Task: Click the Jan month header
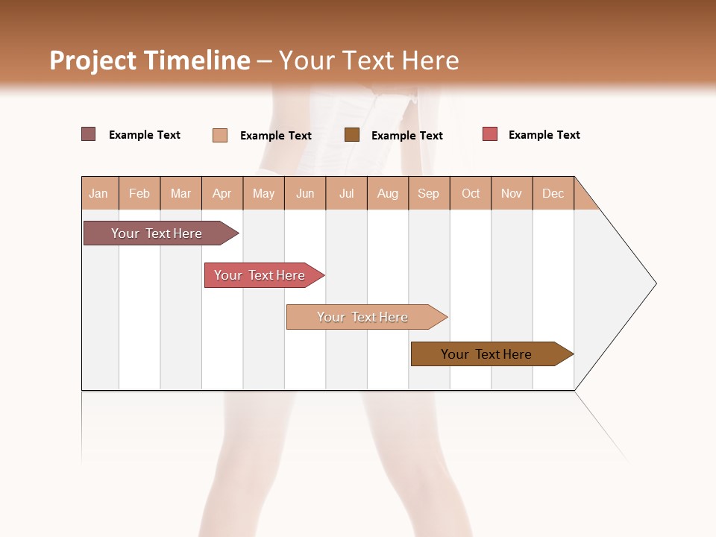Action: point(99,193)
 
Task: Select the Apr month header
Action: point(222,193)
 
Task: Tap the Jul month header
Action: point(346,193)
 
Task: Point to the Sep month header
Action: point(429,193)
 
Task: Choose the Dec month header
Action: point(553,193)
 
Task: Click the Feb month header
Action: point(139,193)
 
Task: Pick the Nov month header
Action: point(512,193)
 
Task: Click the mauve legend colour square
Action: point(89,134)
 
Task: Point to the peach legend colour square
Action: point(220,135)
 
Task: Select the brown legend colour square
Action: point(352,135)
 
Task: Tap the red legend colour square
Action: point(490,134)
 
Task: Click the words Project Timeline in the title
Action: point(150,60)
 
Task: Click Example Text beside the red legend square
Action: point(544,135)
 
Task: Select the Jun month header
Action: point(305,193)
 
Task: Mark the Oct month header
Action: point(471,193)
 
